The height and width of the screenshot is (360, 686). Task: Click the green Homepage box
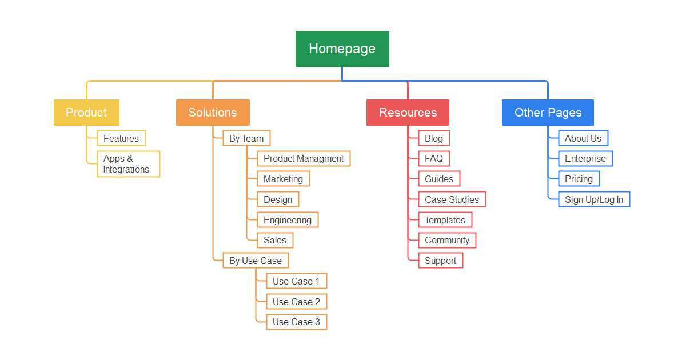(x=342, y=49)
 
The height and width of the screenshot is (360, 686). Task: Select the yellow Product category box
(x=86, y=113)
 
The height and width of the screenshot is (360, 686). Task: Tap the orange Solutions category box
(x=213, y=113)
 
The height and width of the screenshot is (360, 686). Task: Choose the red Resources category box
(x=408, y=113)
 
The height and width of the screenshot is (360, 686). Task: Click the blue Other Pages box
(x=548, y=113)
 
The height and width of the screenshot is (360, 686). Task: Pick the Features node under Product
(x=121, y=138)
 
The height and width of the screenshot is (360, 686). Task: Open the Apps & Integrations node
(x=128, y=164)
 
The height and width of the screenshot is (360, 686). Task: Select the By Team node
(x=246, y=138)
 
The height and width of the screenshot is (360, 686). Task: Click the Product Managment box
(x=304, y=159)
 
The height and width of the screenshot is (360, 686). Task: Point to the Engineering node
(x=288, y=220)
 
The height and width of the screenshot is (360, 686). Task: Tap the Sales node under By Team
(x=275, y=241)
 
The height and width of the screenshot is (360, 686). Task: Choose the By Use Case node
(x=256, y=261)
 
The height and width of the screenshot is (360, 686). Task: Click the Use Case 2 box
(x=296, y=302)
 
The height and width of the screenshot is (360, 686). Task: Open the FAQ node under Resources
(x=434, y=159)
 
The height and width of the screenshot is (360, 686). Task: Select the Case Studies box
(x=452, y=199)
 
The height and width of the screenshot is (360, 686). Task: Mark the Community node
(x=447, y=241)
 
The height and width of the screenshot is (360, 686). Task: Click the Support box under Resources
(x=440, y=261)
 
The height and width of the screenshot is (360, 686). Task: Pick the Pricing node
(x=579, y=179)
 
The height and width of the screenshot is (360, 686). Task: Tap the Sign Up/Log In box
(x=594, y=199)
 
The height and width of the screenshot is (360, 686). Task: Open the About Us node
(x=583, y=138)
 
